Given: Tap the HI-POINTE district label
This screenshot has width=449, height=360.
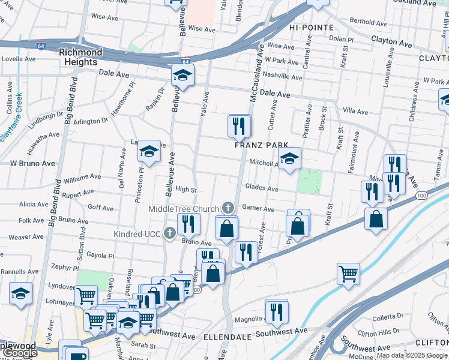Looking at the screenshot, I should [310, 28].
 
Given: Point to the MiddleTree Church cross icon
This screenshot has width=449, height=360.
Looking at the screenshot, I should [228, 208].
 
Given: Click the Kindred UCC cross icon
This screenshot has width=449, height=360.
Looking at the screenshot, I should [170, 233].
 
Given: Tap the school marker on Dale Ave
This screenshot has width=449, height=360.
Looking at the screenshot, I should [182, 76].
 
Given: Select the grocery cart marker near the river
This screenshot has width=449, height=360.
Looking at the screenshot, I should [348, 274].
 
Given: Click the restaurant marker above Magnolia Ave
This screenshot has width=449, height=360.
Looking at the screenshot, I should [276, 311].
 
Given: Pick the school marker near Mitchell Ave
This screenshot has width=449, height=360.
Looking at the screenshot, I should [290, 159].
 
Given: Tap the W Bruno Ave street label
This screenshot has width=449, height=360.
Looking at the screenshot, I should [32, 163].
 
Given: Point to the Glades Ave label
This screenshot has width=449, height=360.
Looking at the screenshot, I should [261, 188].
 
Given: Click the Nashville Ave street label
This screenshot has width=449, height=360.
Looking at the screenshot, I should [282, 77].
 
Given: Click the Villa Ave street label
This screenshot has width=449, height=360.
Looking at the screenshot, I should [355, 111].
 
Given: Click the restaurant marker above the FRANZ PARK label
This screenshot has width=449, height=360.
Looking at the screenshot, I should [240, 126].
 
